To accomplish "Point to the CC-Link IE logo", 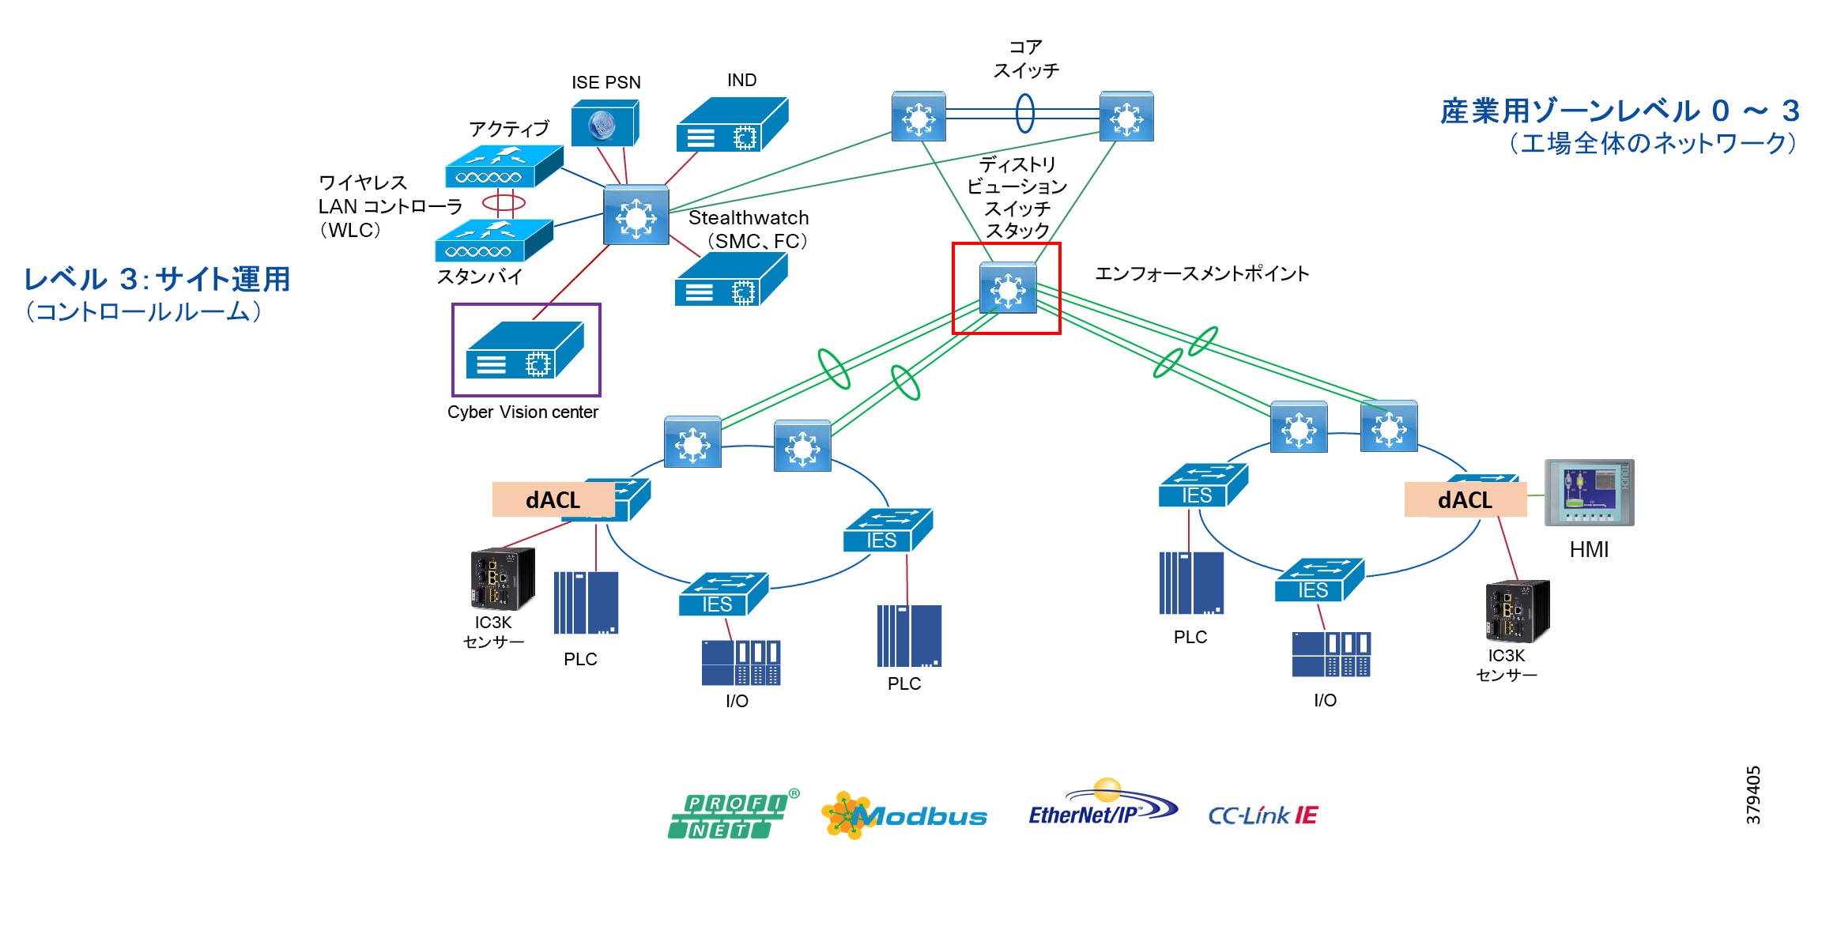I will [1262, 815].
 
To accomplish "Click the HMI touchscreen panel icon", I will [1589, 492].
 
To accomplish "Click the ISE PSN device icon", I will [605, 123].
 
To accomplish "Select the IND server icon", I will [732, 125].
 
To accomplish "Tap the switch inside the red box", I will [1007, 288].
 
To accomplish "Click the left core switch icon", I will [919, 117].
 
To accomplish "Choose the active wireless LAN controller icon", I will [504, 167].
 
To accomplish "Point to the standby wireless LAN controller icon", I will [493, 241].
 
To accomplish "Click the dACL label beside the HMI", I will [1465, 500].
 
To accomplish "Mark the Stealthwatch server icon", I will [730, 280].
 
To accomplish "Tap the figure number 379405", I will [1753, 795].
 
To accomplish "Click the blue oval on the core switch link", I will [1024, 113].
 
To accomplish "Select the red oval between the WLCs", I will [504, 203].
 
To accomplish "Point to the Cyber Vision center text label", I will [522, 412].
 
